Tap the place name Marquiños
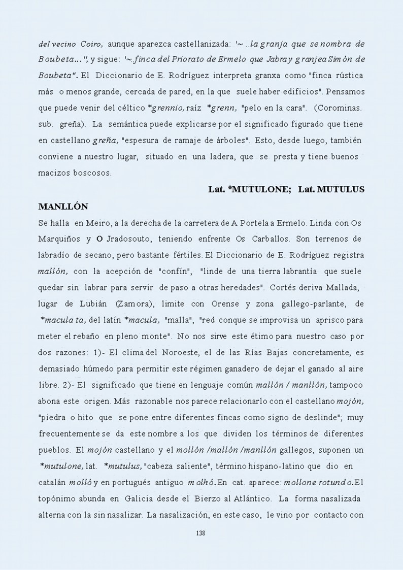tap(59, 239)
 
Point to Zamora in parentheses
tap(133, 304)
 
